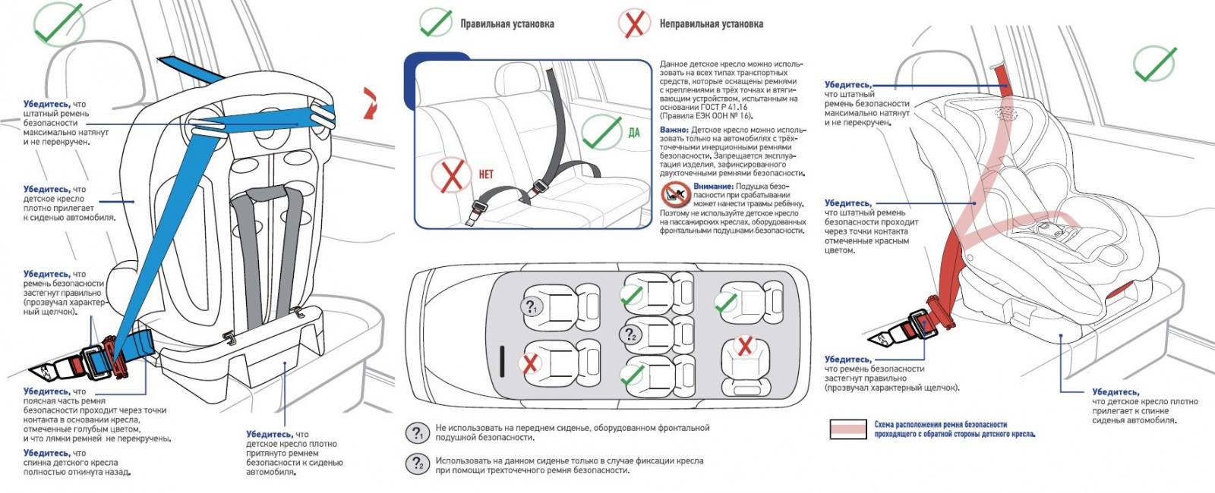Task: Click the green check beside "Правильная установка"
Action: (435, 23)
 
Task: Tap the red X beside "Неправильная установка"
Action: (633, 23)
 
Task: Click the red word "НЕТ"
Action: (486, 174)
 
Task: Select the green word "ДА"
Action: (634, 133)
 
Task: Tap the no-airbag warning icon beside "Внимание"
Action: (675, 194)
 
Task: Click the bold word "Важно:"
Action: (674, 130)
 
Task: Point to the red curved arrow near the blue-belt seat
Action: (370, 102)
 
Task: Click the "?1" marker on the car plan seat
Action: (531, 306)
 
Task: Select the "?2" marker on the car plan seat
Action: (630, 334)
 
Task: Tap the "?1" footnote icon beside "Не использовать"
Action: (417, 433)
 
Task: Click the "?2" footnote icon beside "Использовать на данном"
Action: (417, 464)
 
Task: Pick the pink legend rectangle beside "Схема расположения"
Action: (847, 429)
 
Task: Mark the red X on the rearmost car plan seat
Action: (746, 346)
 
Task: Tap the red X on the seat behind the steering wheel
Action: (531, 363)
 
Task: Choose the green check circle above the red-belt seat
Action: (1154, 62)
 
